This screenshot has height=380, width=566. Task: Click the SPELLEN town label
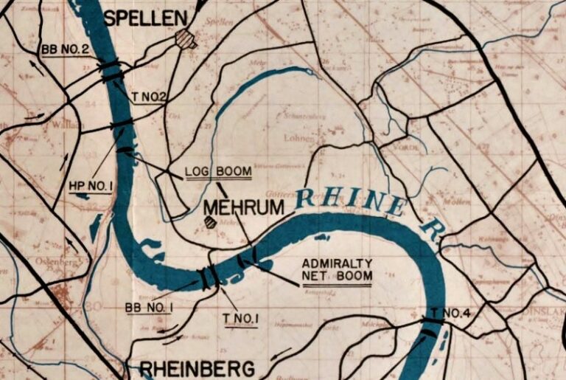(144, 18)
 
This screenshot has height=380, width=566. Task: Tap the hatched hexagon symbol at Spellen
(186, 39)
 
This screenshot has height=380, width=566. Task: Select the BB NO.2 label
(66, 49)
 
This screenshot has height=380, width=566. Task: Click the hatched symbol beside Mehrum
(211, 221)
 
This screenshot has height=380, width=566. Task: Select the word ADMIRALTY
(337, 263)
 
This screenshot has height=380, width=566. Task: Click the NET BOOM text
(337, 277)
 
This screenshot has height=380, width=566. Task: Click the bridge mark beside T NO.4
(432, 320)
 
